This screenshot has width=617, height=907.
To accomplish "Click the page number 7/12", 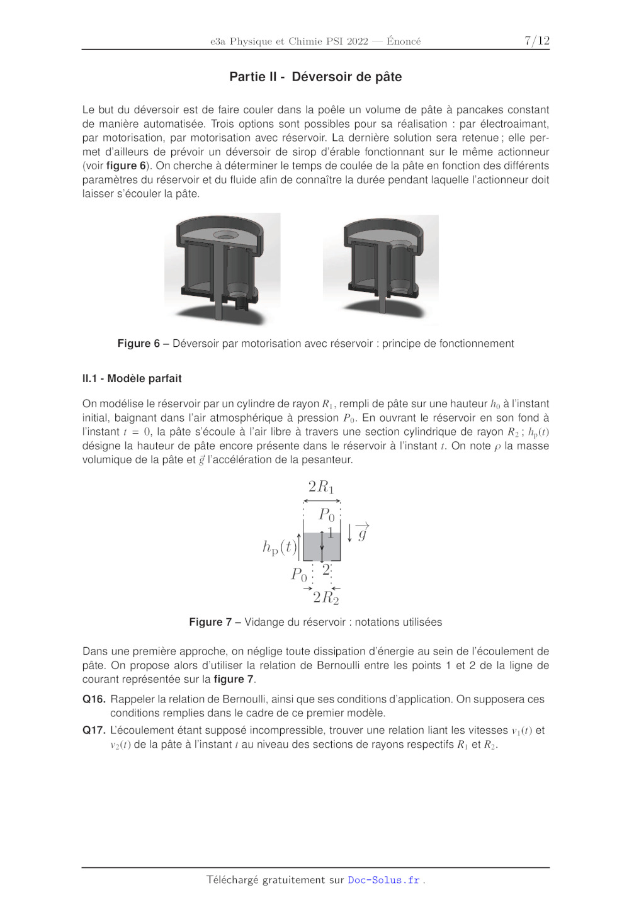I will pos(536,41).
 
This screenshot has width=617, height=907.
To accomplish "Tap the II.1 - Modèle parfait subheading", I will pos(132,378).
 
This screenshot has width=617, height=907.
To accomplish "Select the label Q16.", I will pos(94,699).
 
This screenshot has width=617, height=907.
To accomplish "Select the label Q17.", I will pos(94,730).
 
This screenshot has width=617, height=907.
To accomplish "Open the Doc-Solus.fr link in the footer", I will pos(383,880).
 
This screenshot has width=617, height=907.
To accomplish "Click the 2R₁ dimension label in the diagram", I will pos(321,487).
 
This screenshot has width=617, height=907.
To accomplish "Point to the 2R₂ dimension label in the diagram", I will pos(325,597).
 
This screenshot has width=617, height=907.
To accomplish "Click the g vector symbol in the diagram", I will pos(363,533).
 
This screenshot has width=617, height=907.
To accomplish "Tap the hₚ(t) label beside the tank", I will pos(279,547).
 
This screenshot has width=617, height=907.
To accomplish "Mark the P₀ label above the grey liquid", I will pos(327,514).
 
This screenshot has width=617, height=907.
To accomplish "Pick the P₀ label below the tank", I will pos(299,574).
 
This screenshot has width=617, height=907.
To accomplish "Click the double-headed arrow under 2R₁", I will pos(322,501).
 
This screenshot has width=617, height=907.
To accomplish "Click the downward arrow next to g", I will pos(350,532).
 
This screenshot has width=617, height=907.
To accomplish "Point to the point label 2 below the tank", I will pos(326,569).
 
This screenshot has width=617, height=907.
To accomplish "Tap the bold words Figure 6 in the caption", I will pos(139,344).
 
